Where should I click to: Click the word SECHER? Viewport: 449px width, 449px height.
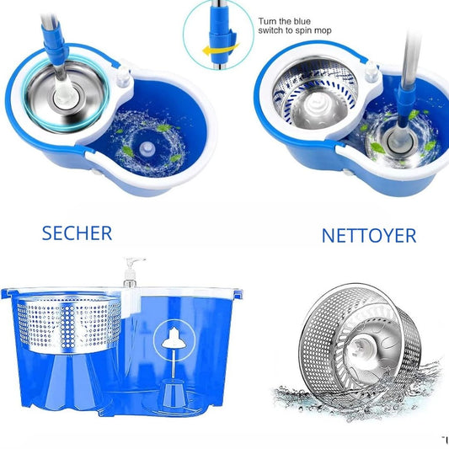[77, 233]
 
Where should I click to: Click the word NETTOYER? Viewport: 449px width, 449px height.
[369, 236]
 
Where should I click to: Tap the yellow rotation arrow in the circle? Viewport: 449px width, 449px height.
[221, 50]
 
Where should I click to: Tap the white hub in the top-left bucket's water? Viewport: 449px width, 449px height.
[147, 148]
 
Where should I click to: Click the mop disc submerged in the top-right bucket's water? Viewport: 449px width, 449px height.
[399, 141]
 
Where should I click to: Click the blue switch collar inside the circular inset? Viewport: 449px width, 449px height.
[222, 33]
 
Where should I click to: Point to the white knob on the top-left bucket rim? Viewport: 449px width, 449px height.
[124, 76]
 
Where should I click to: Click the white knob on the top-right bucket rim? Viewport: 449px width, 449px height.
[372, 71]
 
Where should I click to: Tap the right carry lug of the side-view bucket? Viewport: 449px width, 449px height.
[238, 294]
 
